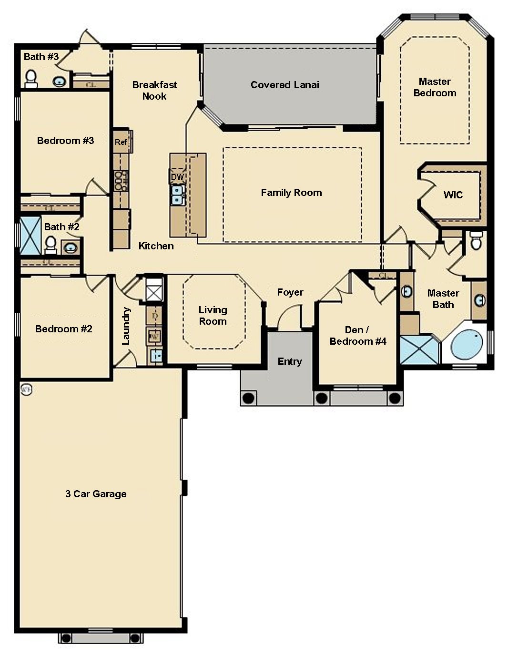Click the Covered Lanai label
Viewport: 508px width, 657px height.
pos(284,85)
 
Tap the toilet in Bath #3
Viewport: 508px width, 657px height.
pos(31,78)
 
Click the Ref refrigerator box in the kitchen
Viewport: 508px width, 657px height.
pos(121,142)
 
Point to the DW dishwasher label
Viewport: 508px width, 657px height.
pos(177,177)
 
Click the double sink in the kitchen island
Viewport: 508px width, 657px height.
pos(177,195)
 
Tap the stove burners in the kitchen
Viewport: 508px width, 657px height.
pos(121,181)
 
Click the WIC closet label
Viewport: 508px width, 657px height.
pos(453,195)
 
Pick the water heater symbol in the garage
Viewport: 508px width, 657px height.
pos(26,390)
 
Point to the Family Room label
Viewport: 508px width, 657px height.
pos(291,193)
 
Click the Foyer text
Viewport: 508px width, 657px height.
pos(290,292)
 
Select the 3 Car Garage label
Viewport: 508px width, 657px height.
pos(96,493)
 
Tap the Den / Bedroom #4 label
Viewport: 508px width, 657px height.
pos(357,336)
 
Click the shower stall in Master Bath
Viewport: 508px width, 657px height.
pos(419,350)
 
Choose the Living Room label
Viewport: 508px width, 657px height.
pos(213,315)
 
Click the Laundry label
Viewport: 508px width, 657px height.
pos(126,326)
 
